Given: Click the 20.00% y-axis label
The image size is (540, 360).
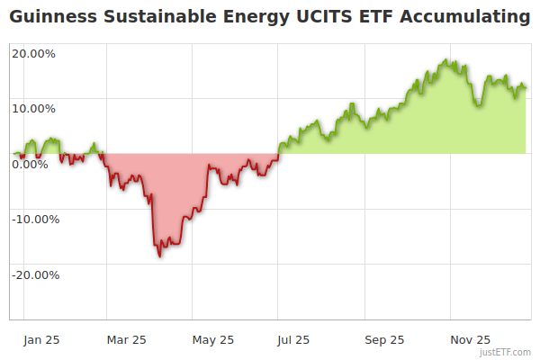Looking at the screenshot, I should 34,53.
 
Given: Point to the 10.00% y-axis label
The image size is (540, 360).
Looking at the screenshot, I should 34,108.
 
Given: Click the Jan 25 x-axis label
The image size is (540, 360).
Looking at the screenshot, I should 41,339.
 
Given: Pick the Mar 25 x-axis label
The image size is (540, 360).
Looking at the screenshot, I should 126,339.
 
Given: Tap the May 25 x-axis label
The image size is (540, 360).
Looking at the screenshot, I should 213,339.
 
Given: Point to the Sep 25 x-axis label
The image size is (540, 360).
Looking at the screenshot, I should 384,339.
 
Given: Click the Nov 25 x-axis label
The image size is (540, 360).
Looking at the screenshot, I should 470,339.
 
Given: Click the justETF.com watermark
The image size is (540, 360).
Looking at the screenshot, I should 507,353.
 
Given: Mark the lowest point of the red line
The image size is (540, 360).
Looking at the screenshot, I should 160,256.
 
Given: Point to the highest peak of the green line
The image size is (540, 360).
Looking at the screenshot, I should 445,60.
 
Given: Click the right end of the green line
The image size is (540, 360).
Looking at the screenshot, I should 526,87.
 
